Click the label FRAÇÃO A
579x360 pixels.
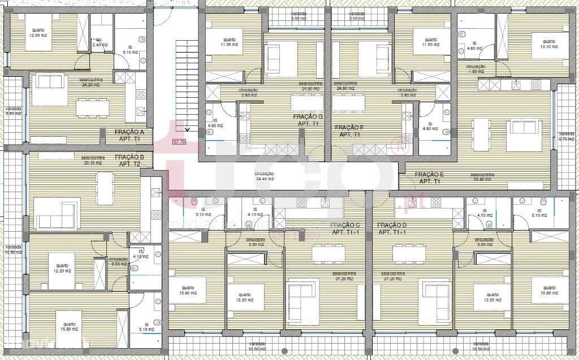[x=129, y=135]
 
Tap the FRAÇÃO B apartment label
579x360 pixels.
[x=129, y=161]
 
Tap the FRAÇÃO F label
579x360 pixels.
[x=349, y=131]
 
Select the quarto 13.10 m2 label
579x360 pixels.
[x=548, y=44]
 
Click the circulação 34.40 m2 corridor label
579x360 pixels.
[x=264, y=176]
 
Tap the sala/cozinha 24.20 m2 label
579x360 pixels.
[x=92, y=83]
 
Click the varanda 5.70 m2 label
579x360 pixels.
[x=565, y=136]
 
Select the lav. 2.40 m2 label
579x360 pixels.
[x=100, y=42]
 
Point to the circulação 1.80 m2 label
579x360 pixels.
[x=476, y=69]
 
